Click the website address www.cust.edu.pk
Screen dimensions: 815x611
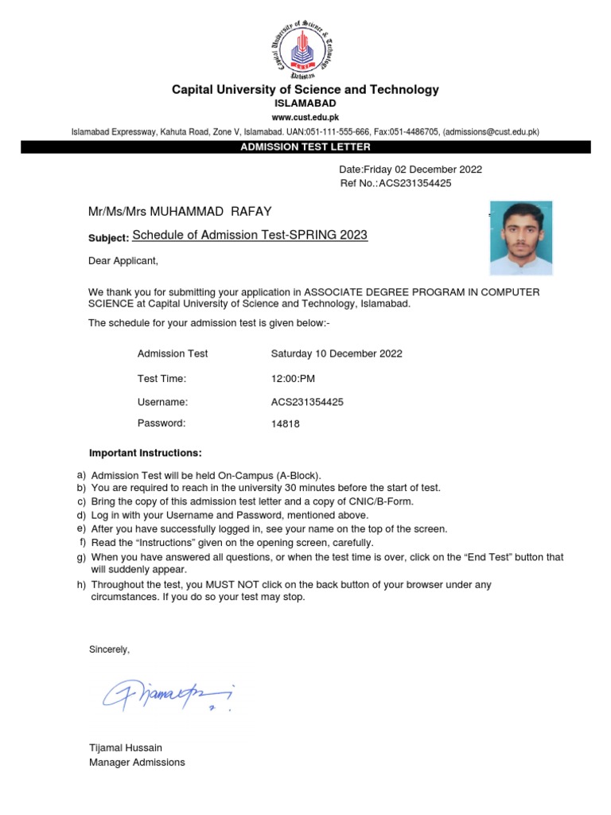pyautogui.click(x=305, y=117)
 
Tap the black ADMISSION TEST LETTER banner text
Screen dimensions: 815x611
pyautogui.click(x=305, y=147)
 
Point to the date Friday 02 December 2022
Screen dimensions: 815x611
pyautogui.click(x=411, y=170)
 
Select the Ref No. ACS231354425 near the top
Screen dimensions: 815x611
pyautogui.click(x=395, y=183)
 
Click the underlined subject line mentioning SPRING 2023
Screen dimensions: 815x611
pyautogui.click(x=250, y=236)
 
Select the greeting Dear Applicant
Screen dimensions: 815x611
pyautogui.click(x=123, y=260)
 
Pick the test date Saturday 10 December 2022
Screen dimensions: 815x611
pyautogui.click(x=337, y=353)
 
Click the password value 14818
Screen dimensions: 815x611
pyautogui.click(x=286, y=424)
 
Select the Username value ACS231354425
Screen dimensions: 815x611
pyautogui.click(x=307, y=402)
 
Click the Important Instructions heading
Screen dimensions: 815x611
pyautogui.click(x=146, y=453)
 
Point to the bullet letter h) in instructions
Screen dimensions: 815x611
pyautogui.click(x=81, y=585)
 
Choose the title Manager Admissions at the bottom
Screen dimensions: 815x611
pyautogui.click(x=137, y=762)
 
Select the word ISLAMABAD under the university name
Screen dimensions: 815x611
pyautogui.click(x=305, y=103)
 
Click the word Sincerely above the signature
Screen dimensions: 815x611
pyautogui.click(x=109, y=650)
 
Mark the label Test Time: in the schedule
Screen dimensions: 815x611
pyautogui.click(x=162, y=379)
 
